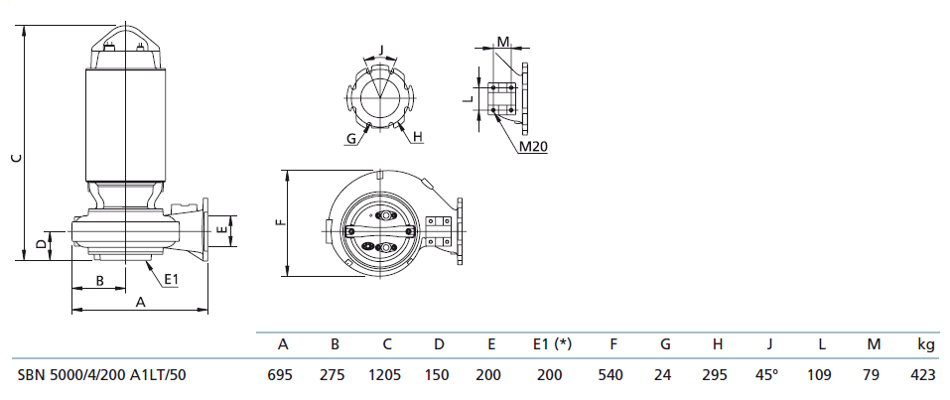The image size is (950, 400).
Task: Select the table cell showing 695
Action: (x=282, y=375)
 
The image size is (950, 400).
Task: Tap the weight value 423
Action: (x=924, y=375)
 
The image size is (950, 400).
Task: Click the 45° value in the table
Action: (x=768, y=375)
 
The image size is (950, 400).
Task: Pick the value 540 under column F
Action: (x=612, y=375)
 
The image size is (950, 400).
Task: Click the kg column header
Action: (x=925, y=345)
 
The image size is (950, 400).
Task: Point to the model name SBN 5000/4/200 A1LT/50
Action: (x=100, y=375)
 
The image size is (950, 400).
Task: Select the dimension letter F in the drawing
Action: (x=279, y=222)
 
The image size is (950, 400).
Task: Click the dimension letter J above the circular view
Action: (x=381, y=48)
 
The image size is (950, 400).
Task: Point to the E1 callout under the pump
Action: (x=171, y=279)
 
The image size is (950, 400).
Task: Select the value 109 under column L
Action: (x=821, y=375)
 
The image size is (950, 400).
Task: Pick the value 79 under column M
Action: (x=874, y=375)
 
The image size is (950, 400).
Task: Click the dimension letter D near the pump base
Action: (x=40, y=242)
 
